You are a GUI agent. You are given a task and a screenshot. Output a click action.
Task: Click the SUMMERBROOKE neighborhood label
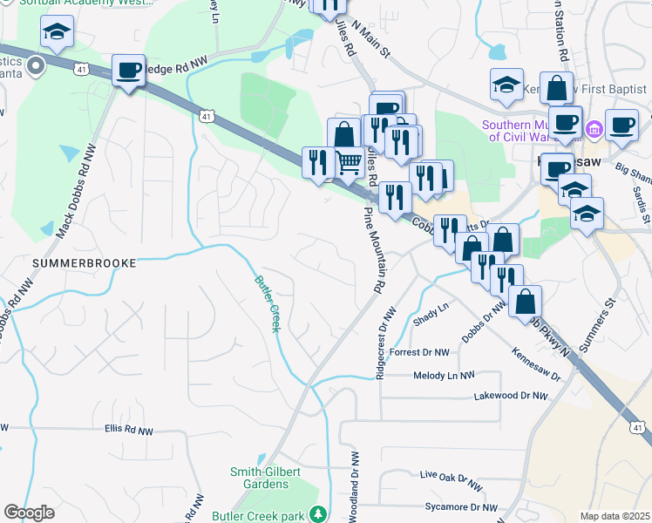pyautogui.click(x=74, y=262)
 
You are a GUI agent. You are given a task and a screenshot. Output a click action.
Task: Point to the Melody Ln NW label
pyautogui.click(x=445, y=375)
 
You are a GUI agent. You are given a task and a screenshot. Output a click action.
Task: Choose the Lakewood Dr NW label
pyautogui.click(x=510, y=396)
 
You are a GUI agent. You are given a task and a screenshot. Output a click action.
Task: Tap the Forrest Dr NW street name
pyautogui.click(x=419, y=353)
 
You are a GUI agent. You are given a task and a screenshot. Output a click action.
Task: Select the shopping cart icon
pyautogui.click(x=349, y=162)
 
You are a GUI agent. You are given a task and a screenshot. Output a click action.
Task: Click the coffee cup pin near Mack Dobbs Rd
pyautogui.click(x=128, y=71)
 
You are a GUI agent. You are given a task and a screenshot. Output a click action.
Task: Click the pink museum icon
pyautogui.click(x=594, y=130)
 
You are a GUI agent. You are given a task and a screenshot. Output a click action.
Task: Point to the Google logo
pyautogui.click(x=29, y=513)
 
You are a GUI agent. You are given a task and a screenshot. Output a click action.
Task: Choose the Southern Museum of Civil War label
pyautogui.click(x=530, y=131)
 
